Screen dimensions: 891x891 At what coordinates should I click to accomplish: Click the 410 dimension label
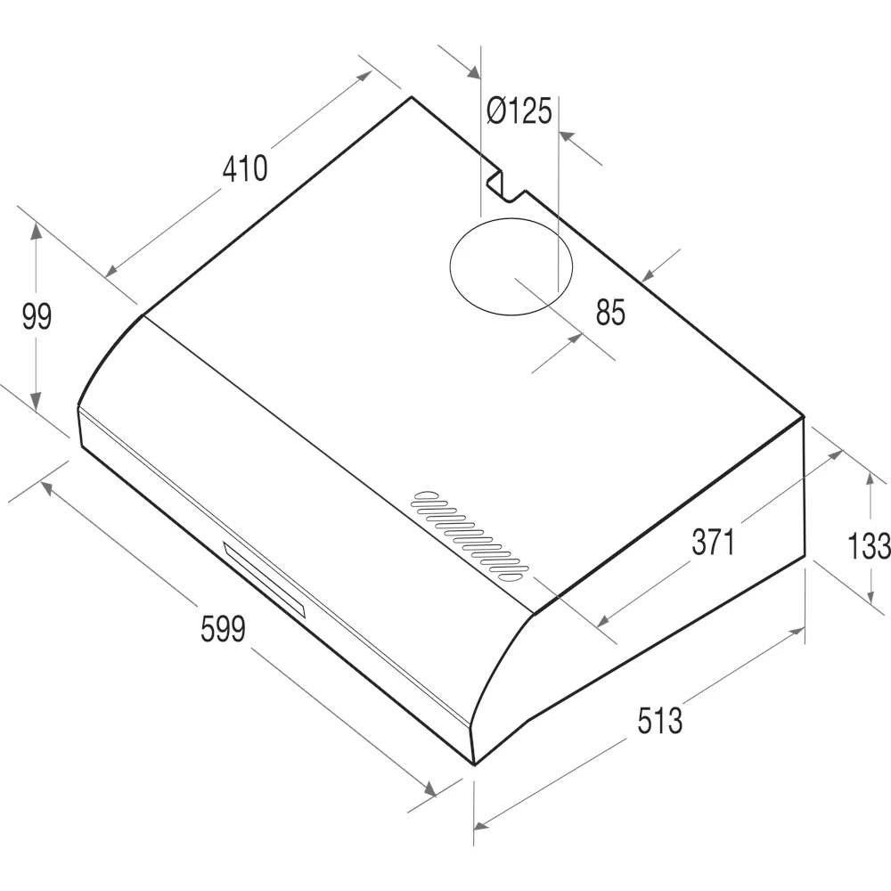(x=245, y=168)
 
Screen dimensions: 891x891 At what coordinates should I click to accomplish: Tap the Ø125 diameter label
(x=519, y=110)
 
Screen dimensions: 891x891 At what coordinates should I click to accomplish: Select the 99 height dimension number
(x=37, y=316)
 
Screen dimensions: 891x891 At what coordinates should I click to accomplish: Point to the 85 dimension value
(x=611, y=312)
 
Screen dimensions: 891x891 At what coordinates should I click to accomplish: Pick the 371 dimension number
(x=713, y=542)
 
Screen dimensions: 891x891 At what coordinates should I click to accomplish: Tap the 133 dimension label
(x=869, y=545)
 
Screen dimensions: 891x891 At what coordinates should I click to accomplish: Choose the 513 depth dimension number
(x=659, y=720)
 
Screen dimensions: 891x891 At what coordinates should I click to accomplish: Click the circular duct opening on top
(x=511, y=218)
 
